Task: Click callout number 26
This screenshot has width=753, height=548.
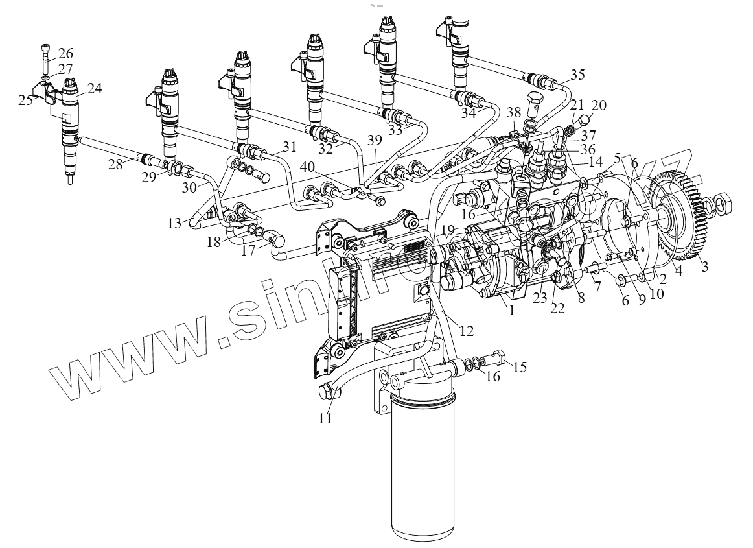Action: (x=66, y=53)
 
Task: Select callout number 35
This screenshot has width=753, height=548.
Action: (x=577, y=74)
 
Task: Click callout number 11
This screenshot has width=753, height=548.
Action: (x=324, y=419)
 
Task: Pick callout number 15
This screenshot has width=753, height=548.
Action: (x=520, y=367)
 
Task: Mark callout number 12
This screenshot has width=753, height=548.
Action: (x=467, y=331)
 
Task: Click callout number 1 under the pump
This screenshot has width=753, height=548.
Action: (x=511, y=311)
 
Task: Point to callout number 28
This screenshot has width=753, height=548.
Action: (x=115, y=165)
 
